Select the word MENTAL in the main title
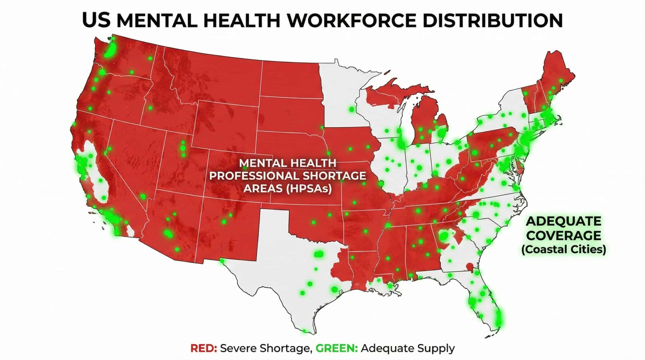(157, 20)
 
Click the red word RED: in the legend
(204, 348)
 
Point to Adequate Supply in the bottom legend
(408, 348)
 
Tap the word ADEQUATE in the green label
(563, 221)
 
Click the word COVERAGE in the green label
(563, 235)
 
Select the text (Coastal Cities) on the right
(563, 250)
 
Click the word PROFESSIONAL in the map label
(254, 176)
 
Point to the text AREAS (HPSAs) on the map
(287, 189)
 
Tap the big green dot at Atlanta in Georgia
(444, 235)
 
